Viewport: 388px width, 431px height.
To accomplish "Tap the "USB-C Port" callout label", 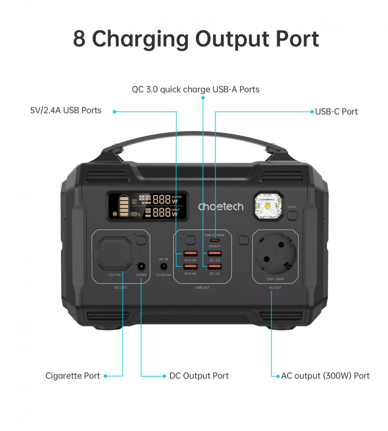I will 336,112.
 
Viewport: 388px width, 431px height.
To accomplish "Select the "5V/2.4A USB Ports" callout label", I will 66,110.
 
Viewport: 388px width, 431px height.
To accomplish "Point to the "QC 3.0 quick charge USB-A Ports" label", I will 196,89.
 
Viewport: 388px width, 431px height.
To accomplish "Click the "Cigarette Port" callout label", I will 72,376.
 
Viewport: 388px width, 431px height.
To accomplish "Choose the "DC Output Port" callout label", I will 199,376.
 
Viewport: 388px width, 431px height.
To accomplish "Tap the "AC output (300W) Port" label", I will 325,376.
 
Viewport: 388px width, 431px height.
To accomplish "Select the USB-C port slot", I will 215,240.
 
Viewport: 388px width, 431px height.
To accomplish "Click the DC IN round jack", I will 164,267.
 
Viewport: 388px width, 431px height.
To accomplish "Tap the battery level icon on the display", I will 123,206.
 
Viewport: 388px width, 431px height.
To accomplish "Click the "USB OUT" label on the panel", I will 202,287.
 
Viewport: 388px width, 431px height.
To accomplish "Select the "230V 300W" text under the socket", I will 275,279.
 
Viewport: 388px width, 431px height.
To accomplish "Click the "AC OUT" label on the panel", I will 275,287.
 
